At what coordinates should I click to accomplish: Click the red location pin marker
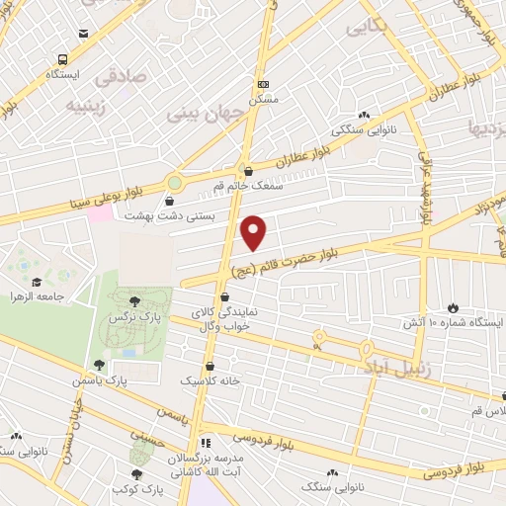[255, 232]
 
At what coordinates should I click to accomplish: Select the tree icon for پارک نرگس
[134, 300]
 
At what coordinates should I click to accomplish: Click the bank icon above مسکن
[262, 84]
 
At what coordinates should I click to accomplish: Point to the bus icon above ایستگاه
[63, 59]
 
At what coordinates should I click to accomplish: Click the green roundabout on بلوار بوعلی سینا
[175, 182]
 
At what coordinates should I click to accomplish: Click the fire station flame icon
[455, 307]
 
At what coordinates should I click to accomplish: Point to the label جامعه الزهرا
[38, 295]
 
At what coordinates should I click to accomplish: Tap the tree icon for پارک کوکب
[135, 474]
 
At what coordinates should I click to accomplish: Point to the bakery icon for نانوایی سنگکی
[365, 115]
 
